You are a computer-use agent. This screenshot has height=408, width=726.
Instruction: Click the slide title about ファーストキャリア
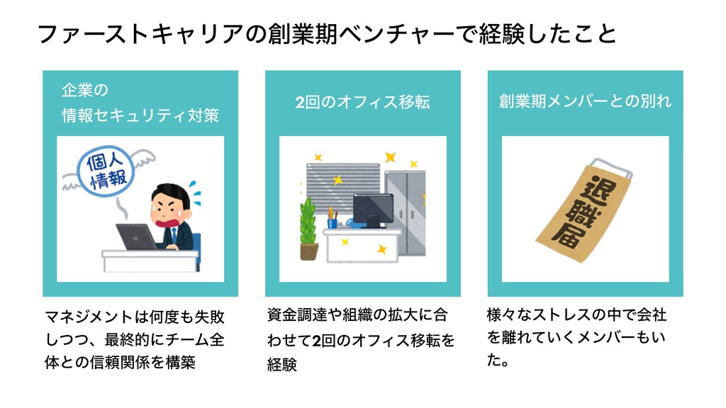326,33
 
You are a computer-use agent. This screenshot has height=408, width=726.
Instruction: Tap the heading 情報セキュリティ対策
140,115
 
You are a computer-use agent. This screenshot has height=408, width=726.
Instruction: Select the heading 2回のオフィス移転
362,103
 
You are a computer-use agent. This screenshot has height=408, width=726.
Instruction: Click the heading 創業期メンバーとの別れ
585,101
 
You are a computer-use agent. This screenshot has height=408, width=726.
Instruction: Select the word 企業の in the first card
84,91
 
